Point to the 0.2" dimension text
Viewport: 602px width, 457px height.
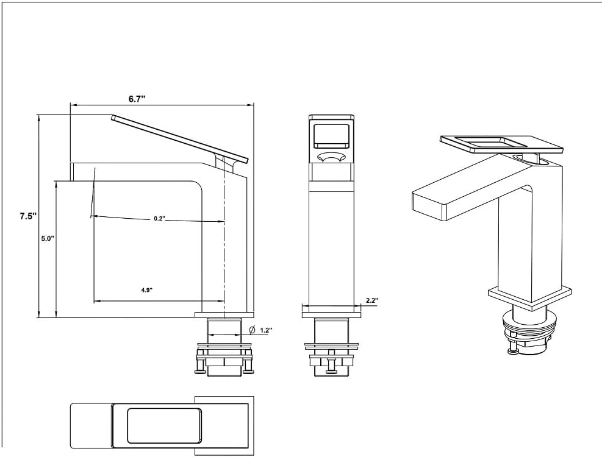click(x=159, y=218)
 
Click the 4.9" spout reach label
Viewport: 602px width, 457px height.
click(x=146, y=291)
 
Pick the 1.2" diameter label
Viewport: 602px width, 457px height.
click(x=266, y=330)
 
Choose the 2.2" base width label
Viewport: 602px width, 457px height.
click(x=372, y=300)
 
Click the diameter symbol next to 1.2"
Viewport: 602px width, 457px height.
click(x=251, y=330)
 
